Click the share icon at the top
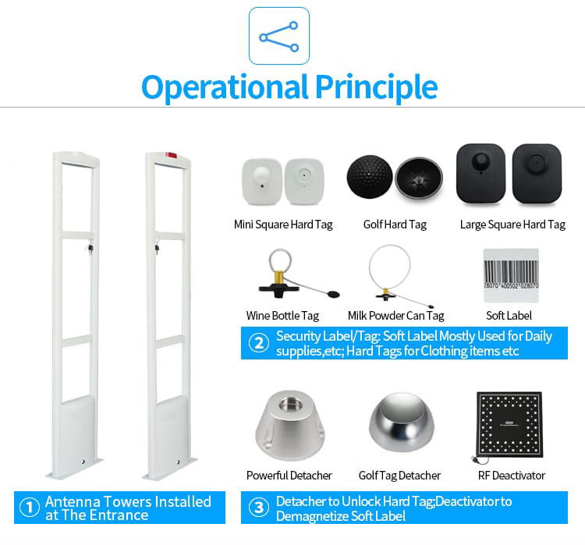(279, 36)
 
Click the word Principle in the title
(377, 87)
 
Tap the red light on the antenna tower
(172, 155)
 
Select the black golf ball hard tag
(370, 177)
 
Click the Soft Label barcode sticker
(511, 275)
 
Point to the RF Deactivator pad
(509, 424)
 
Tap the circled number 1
(29, 508)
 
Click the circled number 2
(259, 343)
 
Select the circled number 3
(259, 508)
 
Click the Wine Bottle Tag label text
(282, 316)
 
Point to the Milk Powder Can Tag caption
(395, 316)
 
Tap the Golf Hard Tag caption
(395, 225)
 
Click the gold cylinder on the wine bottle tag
(278, 277)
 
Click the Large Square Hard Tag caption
(512, 225)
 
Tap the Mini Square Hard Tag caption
(283, 225)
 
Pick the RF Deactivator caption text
(512, 476)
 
